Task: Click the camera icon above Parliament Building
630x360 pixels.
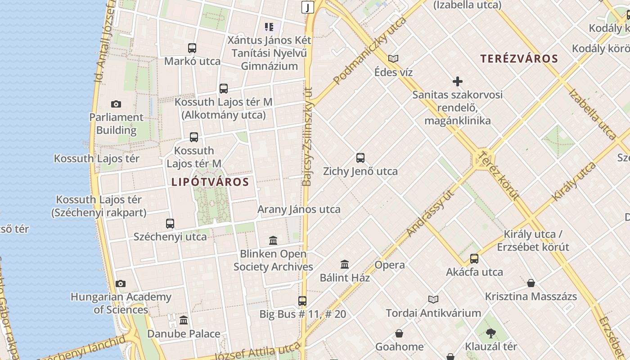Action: [116, 104]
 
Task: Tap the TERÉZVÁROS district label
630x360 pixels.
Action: [519, 58]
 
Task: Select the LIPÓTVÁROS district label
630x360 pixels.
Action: [210, 182]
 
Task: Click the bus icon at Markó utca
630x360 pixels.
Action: [192, 48]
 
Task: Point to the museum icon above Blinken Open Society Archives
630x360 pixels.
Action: [273, 240]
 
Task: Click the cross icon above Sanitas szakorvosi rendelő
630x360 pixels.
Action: [458, 81]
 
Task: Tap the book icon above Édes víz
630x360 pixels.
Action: [393, 58]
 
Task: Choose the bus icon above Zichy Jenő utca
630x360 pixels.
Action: [360, 158]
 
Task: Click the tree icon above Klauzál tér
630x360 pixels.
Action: [490, 333]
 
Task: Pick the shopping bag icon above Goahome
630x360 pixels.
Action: [399, 333]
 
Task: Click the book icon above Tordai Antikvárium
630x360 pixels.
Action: [433, 299]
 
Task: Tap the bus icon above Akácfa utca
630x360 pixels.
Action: [474, 259]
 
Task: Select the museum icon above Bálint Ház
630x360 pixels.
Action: [345, 264]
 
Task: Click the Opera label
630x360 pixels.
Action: [390, 265]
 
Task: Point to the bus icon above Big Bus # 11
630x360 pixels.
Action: [302, 301]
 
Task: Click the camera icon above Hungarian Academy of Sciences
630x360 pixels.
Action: [120, 283]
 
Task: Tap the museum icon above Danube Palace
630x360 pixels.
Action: [184, 320]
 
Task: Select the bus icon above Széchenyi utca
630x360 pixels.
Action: [170, 223]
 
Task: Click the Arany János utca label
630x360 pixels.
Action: [299, 209]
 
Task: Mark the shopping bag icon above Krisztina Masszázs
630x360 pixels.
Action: [531, 283]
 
